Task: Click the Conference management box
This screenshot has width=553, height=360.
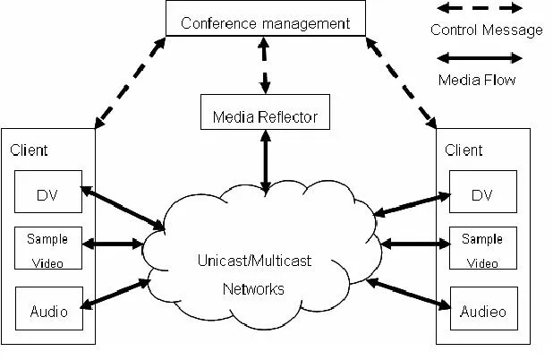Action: point(265,23)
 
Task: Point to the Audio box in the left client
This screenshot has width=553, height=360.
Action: point(47,313)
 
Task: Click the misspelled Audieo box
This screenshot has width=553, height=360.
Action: point(482,313)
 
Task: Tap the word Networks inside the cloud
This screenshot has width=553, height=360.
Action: point(253,289)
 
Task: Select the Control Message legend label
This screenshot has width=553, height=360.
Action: point(486,30)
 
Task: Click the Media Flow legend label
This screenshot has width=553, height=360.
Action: point(477,80)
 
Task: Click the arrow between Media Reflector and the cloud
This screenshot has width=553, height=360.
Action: point(265,162)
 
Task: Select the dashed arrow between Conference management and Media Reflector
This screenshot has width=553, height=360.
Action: point(265,65)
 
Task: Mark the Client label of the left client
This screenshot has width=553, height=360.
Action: point(29,151)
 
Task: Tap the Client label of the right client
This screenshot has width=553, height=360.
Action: point(464,150)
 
